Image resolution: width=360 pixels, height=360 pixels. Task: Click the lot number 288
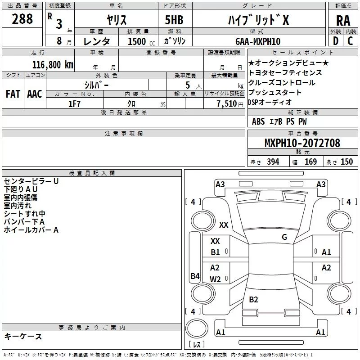tap(22, 19)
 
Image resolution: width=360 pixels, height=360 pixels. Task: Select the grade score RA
tap(343, 20)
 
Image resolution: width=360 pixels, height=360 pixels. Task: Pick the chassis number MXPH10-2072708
tap(302, 143)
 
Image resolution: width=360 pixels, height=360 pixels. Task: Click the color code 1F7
tap(75, 103)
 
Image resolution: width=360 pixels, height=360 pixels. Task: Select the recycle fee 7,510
tap(224, 103)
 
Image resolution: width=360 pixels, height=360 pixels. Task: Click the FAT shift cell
tap(13, 94)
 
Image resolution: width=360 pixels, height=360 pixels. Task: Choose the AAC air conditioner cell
tap(35, 94)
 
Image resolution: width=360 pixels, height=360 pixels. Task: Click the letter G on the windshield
tap(284, 237)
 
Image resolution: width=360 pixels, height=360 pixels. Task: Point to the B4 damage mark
tap(194, 276)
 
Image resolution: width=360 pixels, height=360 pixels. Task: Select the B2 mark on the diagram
tap(253, 299)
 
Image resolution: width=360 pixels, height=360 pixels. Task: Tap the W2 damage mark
tap(215, 279)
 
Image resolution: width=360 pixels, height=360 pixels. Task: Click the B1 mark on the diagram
tap(215, 252)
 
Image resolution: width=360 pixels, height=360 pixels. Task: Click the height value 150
tap(346, 162)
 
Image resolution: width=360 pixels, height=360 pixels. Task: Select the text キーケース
tap(23, 337)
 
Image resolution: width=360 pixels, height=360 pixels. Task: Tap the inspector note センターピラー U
tap(31, 181)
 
